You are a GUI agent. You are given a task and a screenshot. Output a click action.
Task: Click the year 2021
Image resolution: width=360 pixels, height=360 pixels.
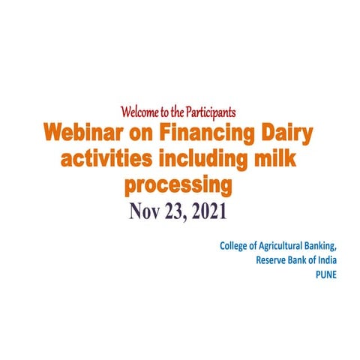tap(217, 211)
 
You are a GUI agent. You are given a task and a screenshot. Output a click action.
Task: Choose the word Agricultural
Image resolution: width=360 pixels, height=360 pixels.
tap(281, 246)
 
